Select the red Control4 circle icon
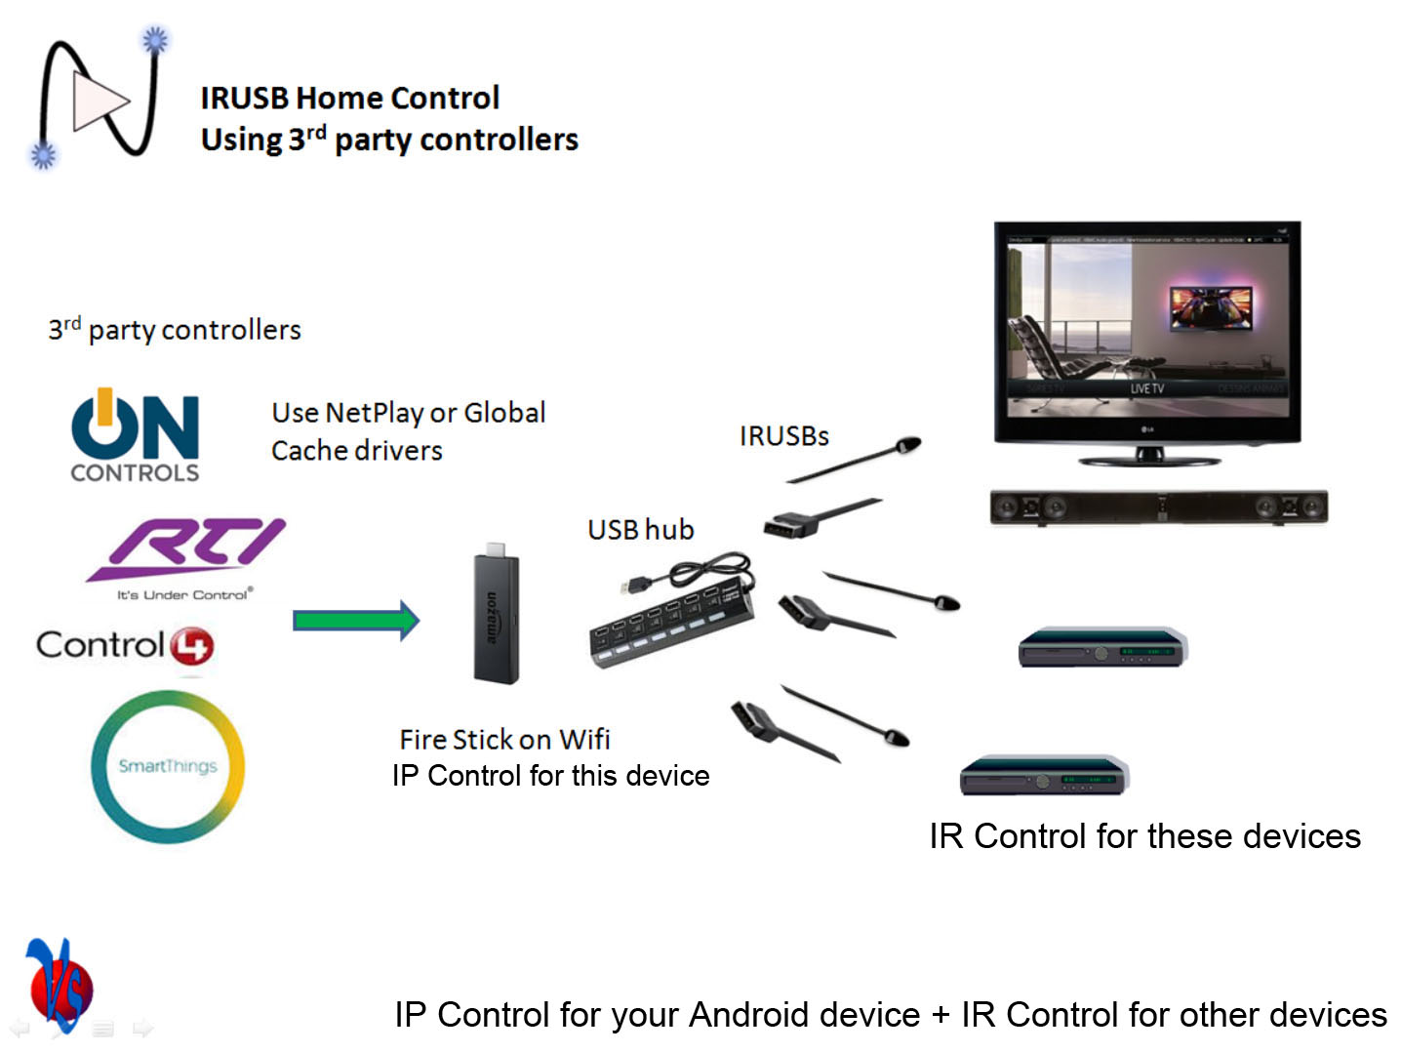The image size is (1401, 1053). [x=192, y=646]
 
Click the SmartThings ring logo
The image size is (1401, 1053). [x=168, y=766]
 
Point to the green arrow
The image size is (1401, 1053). [x=356, y=621]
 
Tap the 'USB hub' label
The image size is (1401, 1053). [x=640, y=530]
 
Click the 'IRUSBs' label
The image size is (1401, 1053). [x=783, y=436]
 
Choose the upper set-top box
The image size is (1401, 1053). [x=1101, y=647]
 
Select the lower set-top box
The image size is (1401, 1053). [x=1044, y=775]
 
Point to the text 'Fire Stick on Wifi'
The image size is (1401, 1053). [x=504, y=740]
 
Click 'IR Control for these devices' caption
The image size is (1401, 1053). [x=1143, y=836]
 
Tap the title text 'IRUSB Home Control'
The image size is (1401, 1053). [x=349, y=98]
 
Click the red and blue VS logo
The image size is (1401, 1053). [x=59, y=986]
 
